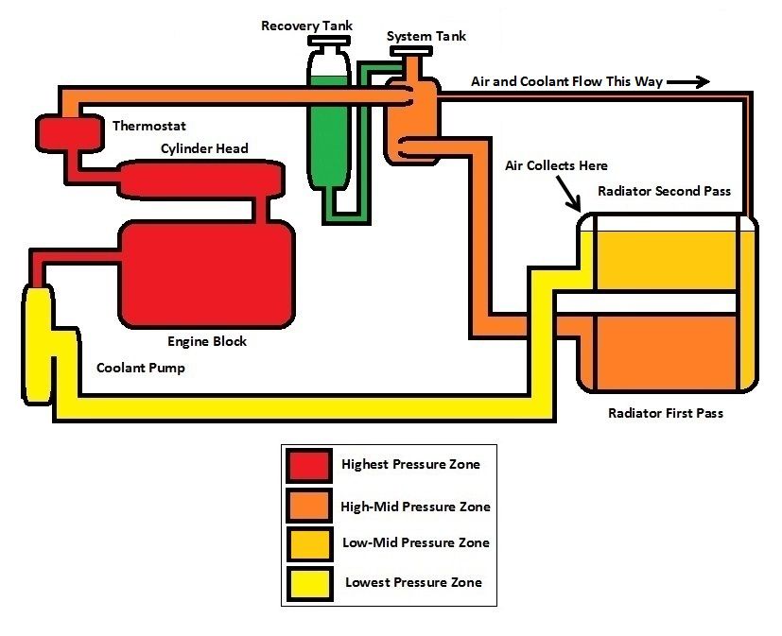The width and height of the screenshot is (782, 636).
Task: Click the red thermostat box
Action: point(68,131)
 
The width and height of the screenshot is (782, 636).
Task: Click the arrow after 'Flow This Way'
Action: point(687,82)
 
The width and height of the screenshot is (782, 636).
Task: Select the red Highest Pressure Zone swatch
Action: point(308,465)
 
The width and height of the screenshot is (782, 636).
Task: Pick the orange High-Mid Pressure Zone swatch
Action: point(308,506)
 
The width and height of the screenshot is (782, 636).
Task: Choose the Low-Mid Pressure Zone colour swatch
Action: point(308,544)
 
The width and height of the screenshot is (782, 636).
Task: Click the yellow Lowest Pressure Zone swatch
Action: point(308,582)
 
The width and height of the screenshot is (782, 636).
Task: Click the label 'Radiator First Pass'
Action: point(666,413)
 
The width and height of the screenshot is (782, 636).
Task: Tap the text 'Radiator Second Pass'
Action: point(665,191)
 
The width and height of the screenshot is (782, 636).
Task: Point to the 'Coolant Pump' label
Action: point(141,368)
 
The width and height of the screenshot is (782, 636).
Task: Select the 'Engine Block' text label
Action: point(207,341)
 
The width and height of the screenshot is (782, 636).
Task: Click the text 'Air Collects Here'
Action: point(555,165)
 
